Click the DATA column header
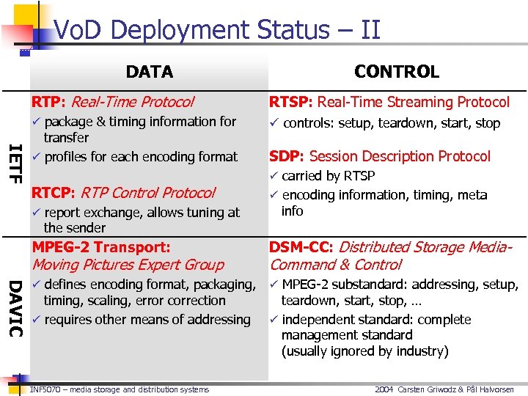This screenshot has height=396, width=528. [x=150, y=72]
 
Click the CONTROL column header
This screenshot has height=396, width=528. [x=396, y=72]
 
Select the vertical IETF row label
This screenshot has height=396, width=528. [x=15, y=164]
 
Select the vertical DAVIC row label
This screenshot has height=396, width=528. [x=15, y=307]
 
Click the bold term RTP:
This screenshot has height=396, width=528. [x=48, y=102]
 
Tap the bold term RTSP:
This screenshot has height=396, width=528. [x=291, y=102]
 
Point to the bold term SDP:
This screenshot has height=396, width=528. [x=287, y=156]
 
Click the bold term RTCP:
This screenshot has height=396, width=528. [x=53, y=193]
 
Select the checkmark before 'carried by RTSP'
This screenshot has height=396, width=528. [x=274, y=176]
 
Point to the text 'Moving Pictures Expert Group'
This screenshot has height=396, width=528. [x=128, y=265]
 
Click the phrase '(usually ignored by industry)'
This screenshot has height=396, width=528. [x=364, y=351]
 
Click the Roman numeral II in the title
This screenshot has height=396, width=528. [x=370, y=30]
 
